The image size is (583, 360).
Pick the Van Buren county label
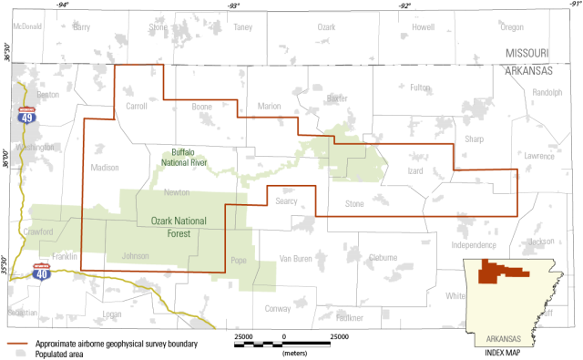(x=297, y=258)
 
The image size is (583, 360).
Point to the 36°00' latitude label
(x=6, y=153)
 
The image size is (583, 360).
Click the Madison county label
(x=105, y=167)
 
